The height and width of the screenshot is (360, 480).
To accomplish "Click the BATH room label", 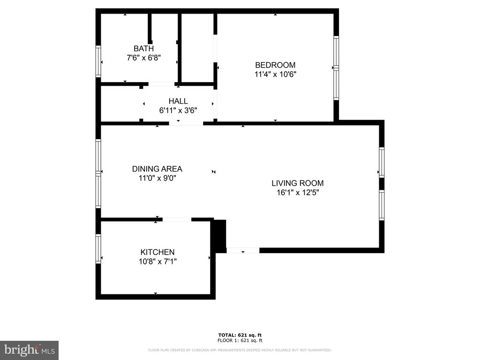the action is click(143, 48).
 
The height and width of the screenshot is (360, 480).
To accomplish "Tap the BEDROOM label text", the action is click(275, 65).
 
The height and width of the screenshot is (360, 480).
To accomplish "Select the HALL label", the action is click(178, 101).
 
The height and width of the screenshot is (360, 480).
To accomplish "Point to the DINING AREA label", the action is click(157, 169).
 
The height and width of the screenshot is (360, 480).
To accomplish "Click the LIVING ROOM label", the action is click(298, 183).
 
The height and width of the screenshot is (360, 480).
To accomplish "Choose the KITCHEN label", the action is click(157, 252).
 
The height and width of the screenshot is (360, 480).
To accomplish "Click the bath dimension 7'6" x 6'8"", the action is click(143, 58).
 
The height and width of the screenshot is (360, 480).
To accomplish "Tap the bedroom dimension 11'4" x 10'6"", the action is click(275, 74).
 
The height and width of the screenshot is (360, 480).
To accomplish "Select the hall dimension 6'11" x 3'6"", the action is click(178, 110).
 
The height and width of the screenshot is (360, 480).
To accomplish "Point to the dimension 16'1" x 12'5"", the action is click(298, 192).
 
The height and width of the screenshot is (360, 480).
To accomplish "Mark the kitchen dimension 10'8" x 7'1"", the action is click(157, 262).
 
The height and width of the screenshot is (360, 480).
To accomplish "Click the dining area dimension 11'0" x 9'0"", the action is click(157, 178).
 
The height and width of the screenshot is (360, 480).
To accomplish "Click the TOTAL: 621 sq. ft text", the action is click(240, 335).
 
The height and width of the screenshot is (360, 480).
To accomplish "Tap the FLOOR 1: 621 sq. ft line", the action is click(240, 340).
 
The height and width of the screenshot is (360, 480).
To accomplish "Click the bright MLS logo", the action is click(29, 350).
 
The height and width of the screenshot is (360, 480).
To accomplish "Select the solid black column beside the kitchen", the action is click(219, 236).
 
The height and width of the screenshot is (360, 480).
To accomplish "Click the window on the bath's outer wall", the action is click(98, 61).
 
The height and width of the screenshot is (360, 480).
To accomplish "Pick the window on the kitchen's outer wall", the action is click(98, 248).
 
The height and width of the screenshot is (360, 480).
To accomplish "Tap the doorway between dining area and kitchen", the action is click(177, 219).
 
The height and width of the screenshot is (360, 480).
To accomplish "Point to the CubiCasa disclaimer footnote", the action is click(240, 350).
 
